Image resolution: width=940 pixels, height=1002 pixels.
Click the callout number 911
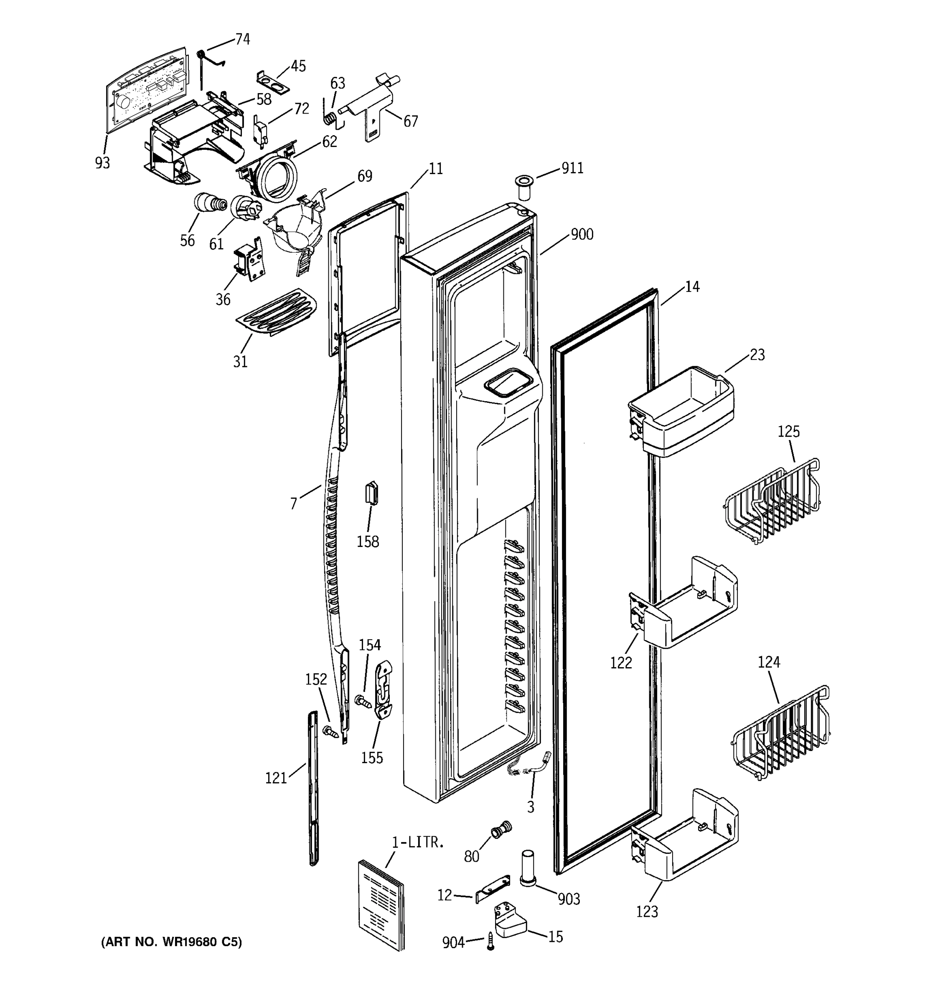(572, 168)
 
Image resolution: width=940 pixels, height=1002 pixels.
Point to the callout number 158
(368, 542)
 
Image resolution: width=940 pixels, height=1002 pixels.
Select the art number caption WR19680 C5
(171, 941)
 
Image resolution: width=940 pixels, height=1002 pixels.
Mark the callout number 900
(582, 234)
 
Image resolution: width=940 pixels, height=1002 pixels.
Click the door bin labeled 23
(681, 411)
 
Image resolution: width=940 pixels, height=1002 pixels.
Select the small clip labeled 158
(372, 492)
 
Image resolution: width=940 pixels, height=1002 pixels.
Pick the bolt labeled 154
(363, 701)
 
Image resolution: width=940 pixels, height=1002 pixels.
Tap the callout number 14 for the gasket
(692, 287)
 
